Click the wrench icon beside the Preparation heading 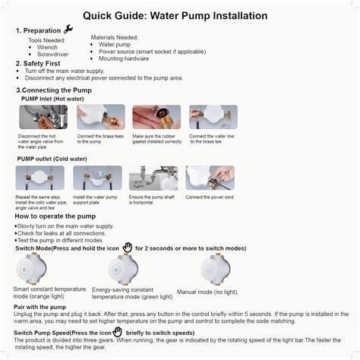tap(68, 30)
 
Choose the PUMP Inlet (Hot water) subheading tap(52, 99)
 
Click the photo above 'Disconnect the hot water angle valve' tap(43, 117)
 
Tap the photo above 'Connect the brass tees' tap(100, 117)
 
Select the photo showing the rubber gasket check tap(156, 117)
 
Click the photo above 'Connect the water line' tap(213, 117)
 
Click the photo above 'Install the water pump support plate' tap(97, 178)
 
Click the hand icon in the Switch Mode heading tap(128, 248)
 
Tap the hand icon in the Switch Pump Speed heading tap(117, 332)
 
